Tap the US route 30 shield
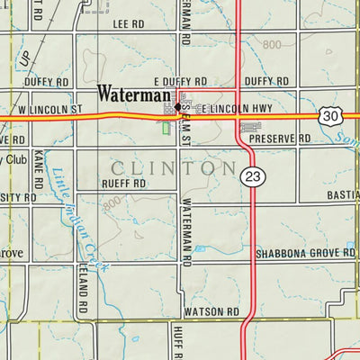point(329,114)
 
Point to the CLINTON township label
point(175,167)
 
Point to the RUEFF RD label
point(124,183)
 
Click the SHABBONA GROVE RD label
point(304,255)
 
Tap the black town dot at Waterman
point(178,107)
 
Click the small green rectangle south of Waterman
point(166,128)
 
